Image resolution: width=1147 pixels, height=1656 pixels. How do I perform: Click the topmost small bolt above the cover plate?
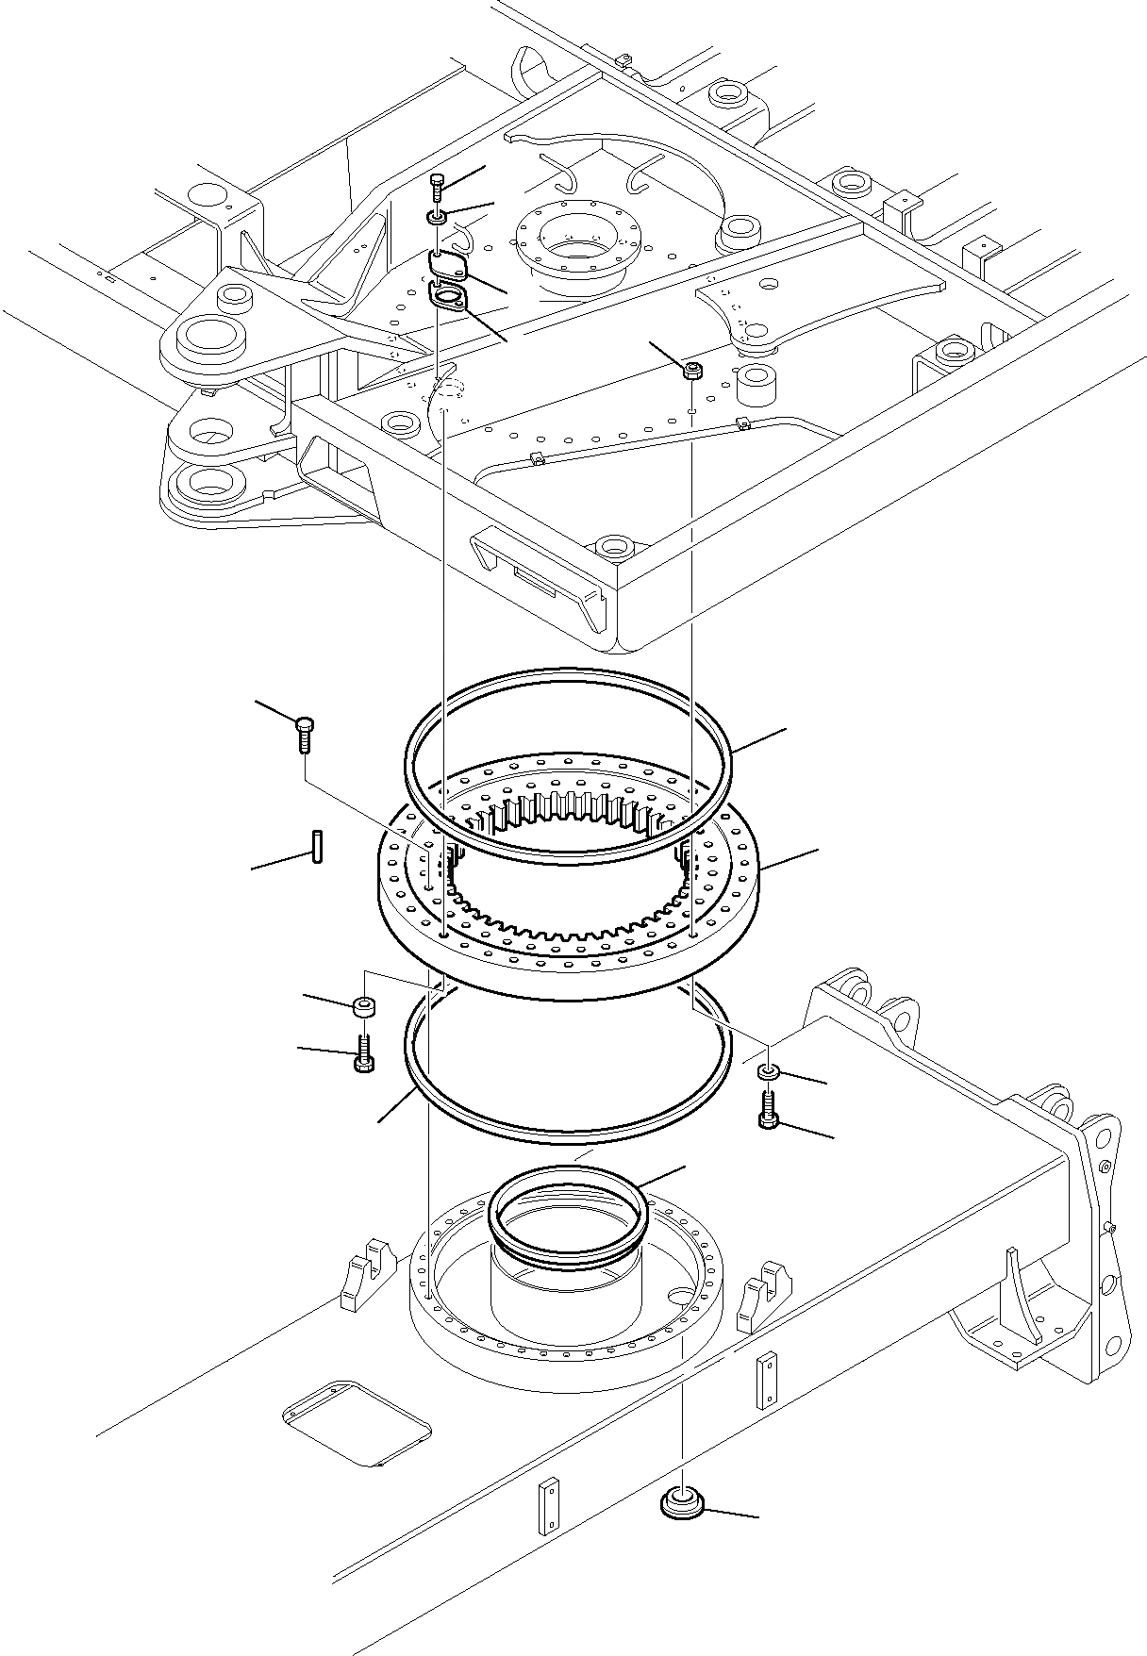point(437,186)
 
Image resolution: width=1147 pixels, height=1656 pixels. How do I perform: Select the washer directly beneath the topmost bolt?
point(437,219)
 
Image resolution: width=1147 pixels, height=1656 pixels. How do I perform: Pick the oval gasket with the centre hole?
point(447,296)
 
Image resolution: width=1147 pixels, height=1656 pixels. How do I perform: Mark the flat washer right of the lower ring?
point(769,1071)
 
